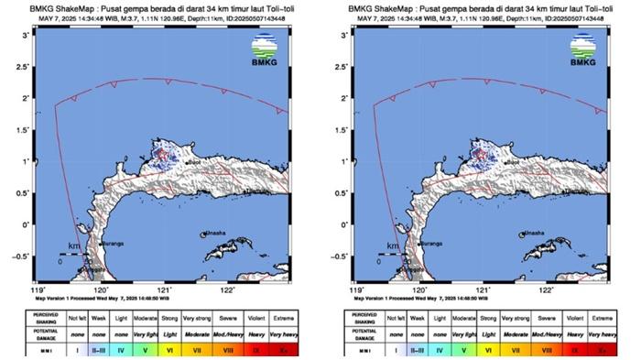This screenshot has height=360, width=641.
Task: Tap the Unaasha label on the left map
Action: click(216, 234)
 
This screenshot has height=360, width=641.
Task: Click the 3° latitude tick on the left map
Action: click(25, 34)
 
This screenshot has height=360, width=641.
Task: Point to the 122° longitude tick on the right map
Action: click(546, 289)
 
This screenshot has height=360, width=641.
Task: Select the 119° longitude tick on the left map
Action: click(37, 289)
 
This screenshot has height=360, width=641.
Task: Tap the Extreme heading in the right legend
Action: click(601, 317)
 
